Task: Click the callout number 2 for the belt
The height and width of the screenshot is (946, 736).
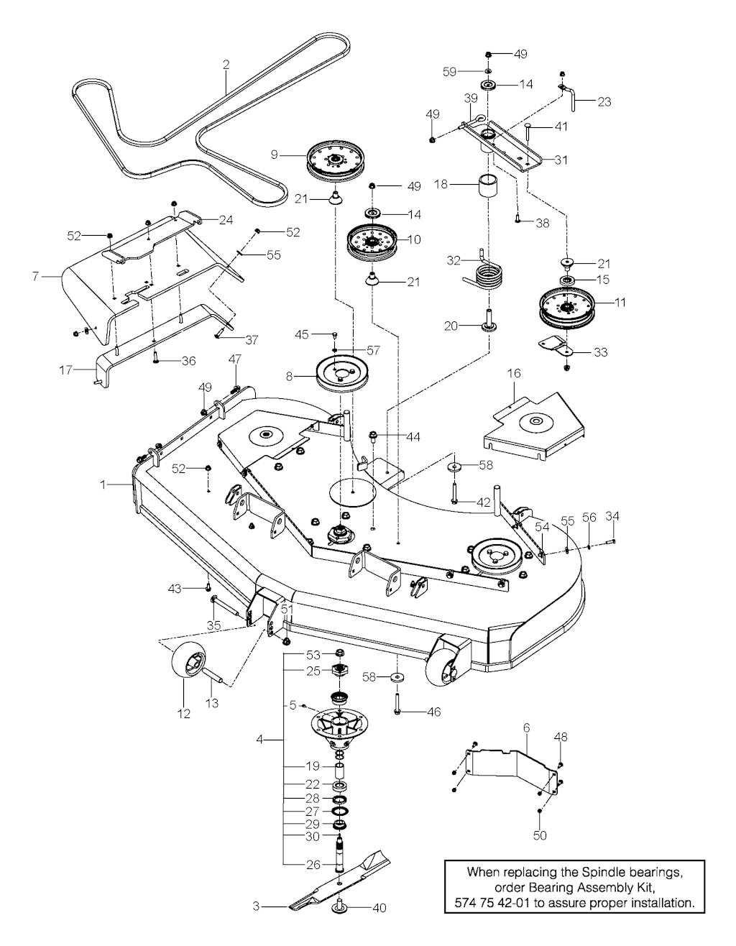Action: (226, 65)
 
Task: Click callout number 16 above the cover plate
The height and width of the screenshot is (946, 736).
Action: (514, 374)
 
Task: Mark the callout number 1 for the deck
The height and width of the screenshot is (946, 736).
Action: (103, 485)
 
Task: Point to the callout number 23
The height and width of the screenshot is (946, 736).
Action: (604, 102)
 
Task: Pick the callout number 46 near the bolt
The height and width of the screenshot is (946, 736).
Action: (433, 712)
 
